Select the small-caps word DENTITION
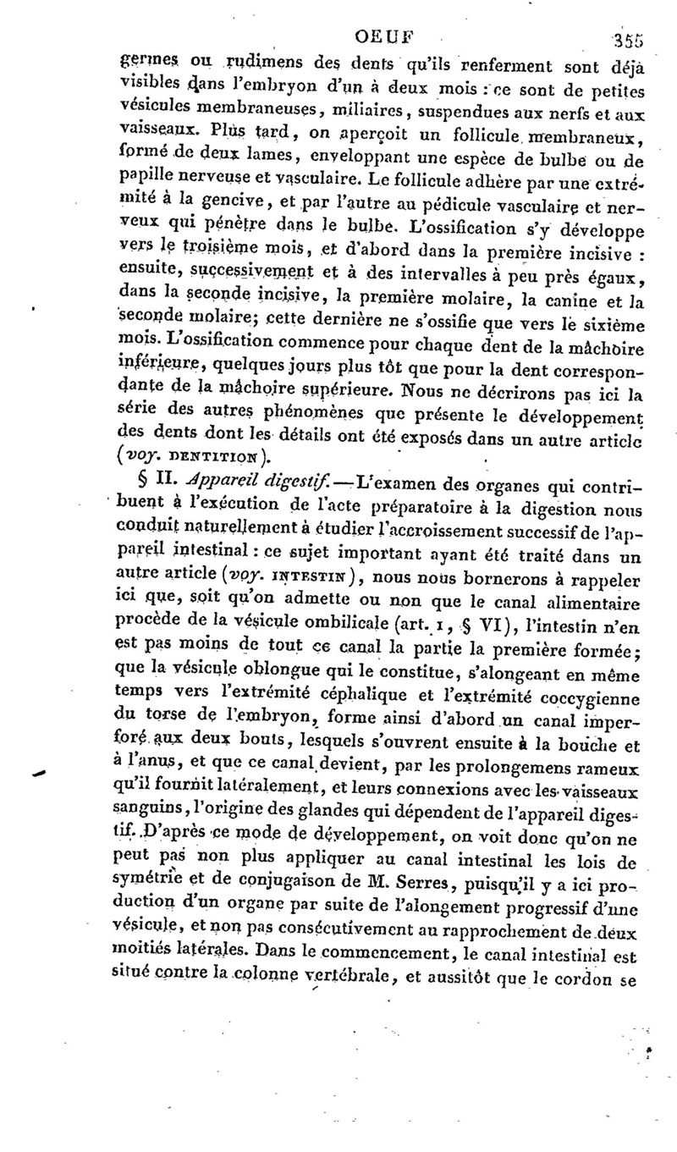coord(217,460)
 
